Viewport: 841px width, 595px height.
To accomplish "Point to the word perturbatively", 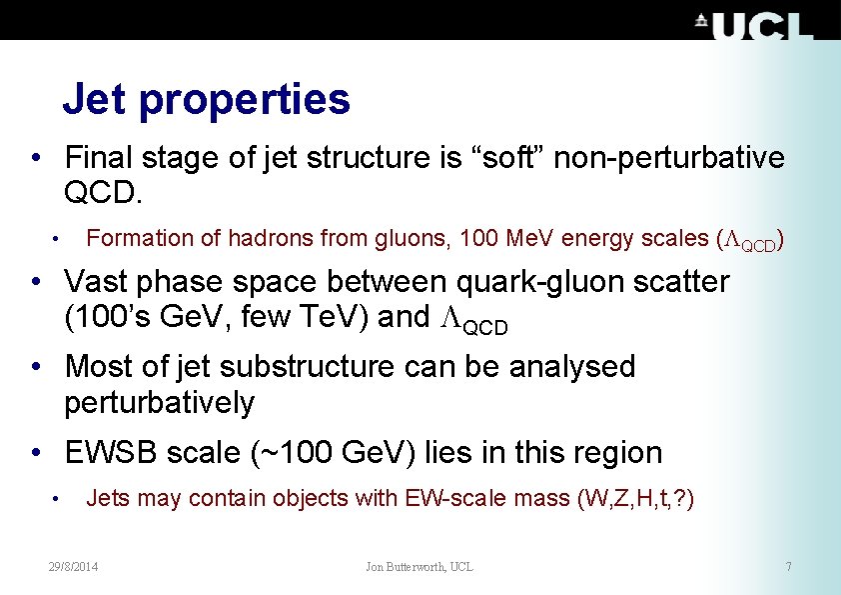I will pos(159,403).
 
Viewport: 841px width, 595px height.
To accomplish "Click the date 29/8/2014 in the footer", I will pos(81,567).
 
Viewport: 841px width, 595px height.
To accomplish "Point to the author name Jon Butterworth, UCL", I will pos(420,567).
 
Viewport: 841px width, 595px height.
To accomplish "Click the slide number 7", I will pos(788,567).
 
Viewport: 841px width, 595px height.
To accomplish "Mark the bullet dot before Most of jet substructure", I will pos(35,367).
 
